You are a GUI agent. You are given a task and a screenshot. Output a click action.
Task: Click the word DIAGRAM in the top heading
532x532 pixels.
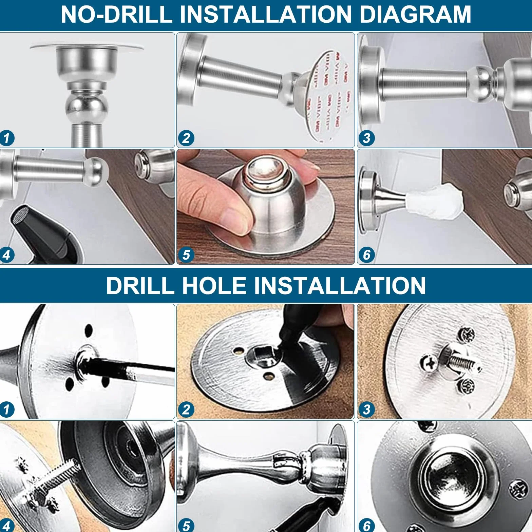click(415, 14)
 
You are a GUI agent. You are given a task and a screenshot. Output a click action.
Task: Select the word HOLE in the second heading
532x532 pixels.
click(214, 285)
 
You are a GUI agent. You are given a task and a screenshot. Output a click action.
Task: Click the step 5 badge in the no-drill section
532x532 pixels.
click(186, 254)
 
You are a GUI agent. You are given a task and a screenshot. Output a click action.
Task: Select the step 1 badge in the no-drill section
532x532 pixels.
click(7, 138)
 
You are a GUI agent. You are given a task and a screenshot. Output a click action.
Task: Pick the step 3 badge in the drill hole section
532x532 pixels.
click(366, 410)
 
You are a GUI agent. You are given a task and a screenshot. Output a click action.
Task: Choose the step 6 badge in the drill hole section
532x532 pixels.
click(366, 526)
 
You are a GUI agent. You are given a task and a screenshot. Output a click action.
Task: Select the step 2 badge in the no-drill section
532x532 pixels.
click(186, 138)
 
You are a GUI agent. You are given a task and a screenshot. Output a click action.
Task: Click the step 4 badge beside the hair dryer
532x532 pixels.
click(7, 254)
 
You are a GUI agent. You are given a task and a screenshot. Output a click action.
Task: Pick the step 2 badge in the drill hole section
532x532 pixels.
click(186, 410)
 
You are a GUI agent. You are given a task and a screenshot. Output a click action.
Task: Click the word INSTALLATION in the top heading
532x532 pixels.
click(266, 14)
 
